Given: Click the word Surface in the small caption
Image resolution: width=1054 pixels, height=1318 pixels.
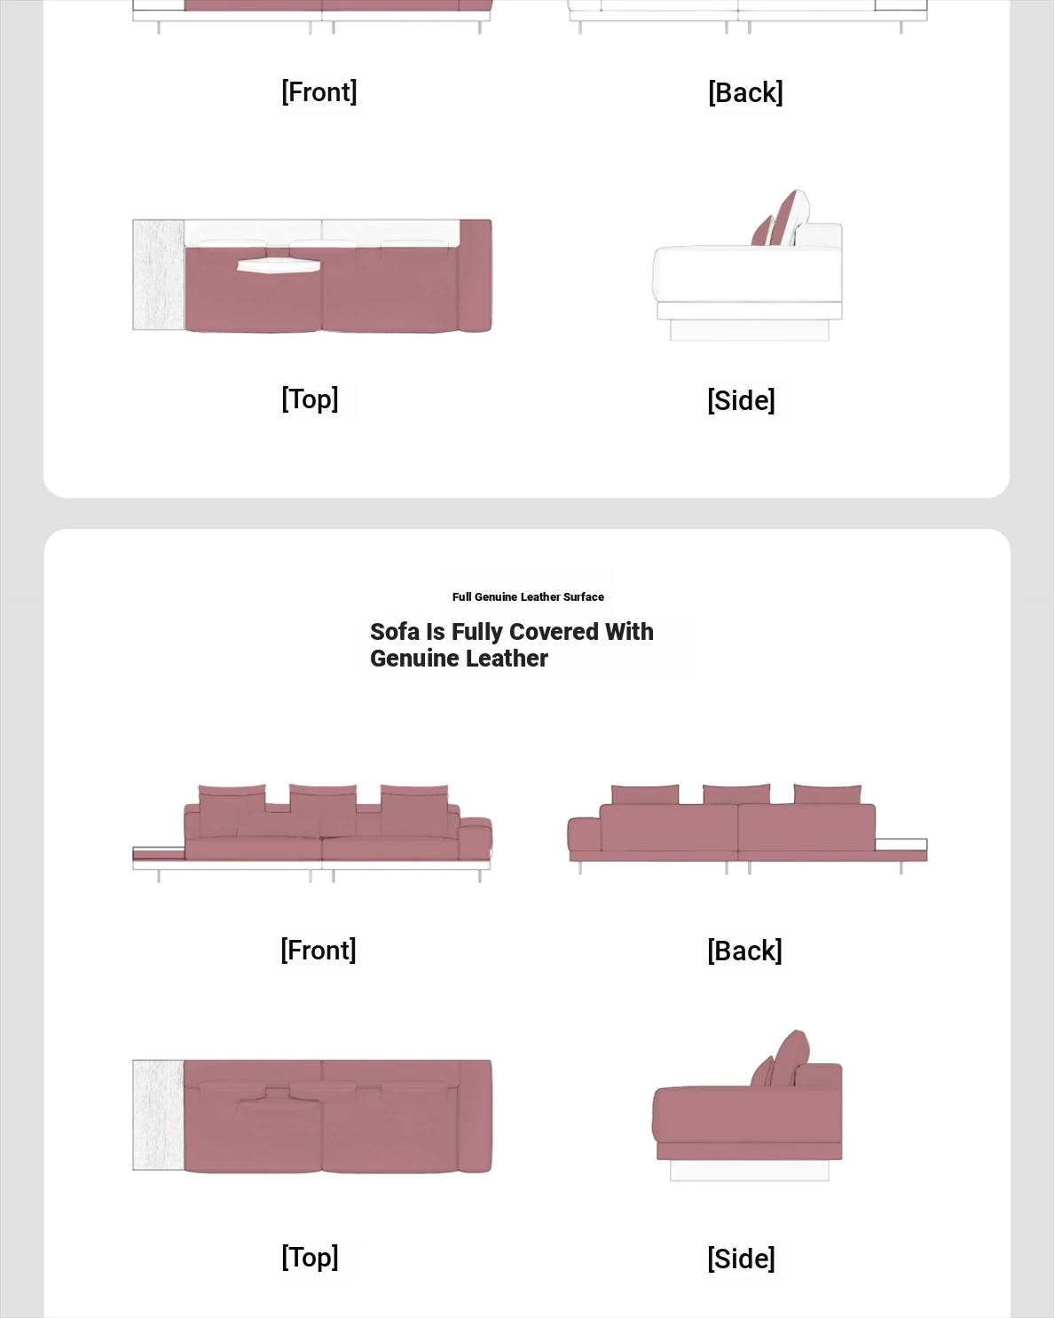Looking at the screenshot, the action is point(584,597).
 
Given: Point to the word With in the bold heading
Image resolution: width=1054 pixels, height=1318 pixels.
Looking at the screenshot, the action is point(630,632).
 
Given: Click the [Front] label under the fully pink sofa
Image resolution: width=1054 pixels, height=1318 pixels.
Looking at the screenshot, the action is point(319,950).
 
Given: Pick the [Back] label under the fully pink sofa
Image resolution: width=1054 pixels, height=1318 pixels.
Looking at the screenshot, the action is point(744,951).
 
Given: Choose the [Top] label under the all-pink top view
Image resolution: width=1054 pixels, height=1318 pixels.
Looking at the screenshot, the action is point(310,1258).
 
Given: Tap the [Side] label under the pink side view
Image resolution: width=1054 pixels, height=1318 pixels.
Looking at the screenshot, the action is point(741,1259).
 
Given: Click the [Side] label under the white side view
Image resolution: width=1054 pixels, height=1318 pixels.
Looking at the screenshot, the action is point(741,400).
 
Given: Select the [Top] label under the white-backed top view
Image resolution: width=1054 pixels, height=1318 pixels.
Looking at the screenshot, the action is point(310,399).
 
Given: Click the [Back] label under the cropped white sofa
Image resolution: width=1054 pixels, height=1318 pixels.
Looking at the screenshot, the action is point(745,92).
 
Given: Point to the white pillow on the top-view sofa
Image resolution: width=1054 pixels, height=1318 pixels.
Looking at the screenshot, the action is point(279,265).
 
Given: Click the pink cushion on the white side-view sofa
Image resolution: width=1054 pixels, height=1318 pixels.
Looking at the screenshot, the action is point(779,219).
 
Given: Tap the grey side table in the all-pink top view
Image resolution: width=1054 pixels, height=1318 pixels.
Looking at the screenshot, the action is point(158,1115).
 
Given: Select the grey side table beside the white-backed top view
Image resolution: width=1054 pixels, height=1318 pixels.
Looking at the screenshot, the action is point(158,274).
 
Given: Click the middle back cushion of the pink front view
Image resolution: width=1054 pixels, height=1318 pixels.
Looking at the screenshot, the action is point(323,809).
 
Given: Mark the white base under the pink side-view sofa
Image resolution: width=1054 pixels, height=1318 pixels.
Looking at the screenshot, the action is point(750,1170).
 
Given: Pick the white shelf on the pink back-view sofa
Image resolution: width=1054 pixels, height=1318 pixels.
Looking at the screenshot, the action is point(901,845).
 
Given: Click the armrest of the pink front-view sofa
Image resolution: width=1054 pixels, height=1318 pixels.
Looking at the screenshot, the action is point(476,838).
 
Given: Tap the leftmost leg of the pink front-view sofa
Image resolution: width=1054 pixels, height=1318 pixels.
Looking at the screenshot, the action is point(159,876).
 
